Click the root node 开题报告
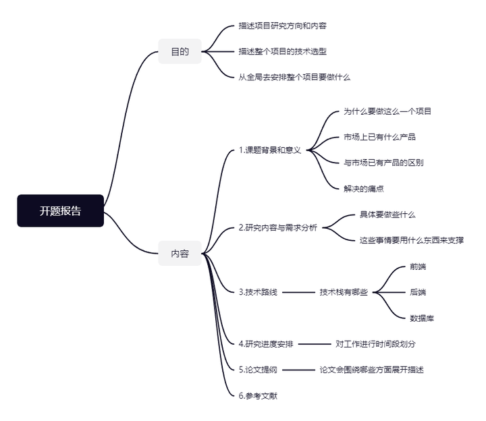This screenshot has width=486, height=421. click(x=60, y=211)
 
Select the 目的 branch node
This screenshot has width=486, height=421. click(x=180, y=51)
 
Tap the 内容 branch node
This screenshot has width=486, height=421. click(x=180, y=254)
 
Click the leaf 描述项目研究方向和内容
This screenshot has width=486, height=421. click(x=283, y=26)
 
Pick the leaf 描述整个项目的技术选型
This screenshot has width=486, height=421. click(x=283, y=51)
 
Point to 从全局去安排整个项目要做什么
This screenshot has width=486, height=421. click(x=294, y=77)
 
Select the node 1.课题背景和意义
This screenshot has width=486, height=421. click(x=270, y=150)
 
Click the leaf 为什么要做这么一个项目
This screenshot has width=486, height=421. click(x=387, y=111)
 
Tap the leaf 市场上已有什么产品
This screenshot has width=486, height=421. click(x=379, y=137)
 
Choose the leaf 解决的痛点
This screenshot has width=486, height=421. click(x=364, y=188)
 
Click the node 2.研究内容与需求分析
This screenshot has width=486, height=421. click(x=277, y=228)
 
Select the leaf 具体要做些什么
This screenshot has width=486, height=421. click(x=387, y=215)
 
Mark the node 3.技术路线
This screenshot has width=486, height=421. click(x=258, y=292)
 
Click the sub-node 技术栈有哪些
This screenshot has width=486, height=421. click(x=344, y=292)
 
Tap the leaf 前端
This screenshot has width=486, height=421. click(x=418, y=266)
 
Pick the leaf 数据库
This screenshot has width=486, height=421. click(x=422, y=318)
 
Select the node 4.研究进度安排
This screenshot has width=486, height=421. click(x=266, y=343)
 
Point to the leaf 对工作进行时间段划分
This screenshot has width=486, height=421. click(x=376, y=343)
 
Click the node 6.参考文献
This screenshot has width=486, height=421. click(x=258, y=395)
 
